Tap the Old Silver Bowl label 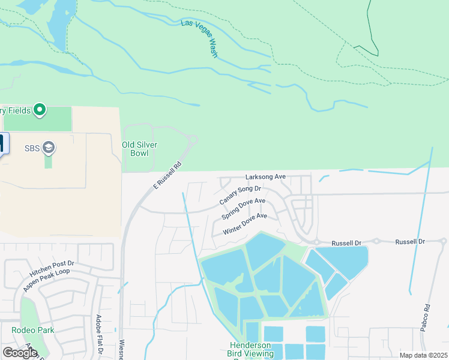point(136,149)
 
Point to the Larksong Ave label point(265,177)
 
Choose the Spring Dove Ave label point(243,209)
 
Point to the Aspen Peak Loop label point(47,280)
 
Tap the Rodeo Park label point(33,330)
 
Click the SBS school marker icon point(49,148)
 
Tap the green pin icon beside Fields point(40,110)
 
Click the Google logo point(20,353)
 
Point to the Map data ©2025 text point(424,355)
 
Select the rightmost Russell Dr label point(409,241)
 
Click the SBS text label point(32,148)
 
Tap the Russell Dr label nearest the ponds point(346,243)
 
